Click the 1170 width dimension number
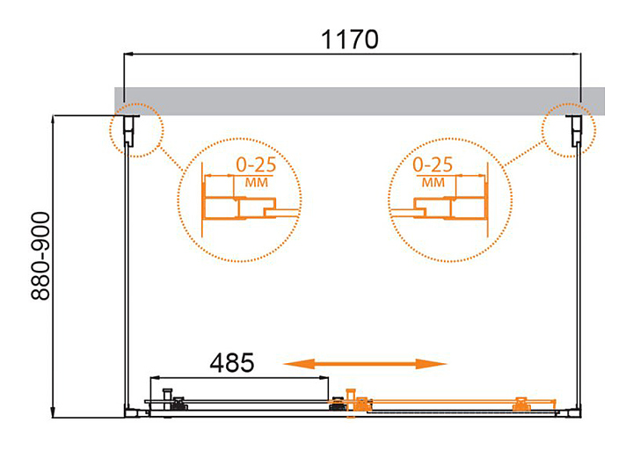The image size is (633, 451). click(350, 40)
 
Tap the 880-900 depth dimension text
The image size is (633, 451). click(40, 257)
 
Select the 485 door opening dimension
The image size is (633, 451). click(232, 362)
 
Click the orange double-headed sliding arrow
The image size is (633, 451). click(365, 364)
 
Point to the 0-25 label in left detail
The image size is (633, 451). click(256, 164)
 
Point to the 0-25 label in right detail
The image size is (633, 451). click(433, 164)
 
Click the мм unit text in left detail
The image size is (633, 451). click(257, 183)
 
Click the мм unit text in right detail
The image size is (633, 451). click(433, 183)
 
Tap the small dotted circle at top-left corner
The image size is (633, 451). click(137, 104)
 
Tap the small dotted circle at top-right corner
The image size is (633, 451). click(569, 104)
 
